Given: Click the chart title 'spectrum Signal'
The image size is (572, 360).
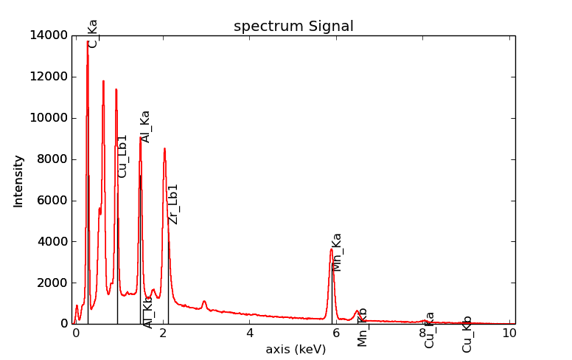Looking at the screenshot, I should (x=293, y=27).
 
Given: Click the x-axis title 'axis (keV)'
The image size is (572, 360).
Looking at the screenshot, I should (x=296, y=349).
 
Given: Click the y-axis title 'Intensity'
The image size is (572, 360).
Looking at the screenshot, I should (x=18, y=181).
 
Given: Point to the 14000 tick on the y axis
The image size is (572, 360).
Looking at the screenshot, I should (x=49, y=35).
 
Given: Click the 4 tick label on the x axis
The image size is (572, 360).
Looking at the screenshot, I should (x=250, y=333).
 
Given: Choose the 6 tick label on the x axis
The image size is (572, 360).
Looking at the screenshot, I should (x=337, y=333).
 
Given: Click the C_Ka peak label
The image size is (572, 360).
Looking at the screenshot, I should (x=93, y=33).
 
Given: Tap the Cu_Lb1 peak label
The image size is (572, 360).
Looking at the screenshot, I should (x=122, y=156).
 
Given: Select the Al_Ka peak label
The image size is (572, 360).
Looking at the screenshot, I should (x=145, y=126).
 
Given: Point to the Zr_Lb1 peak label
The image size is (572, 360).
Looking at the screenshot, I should (x=173, y=204).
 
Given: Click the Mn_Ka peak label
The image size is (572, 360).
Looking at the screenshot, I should (x=337, y=252).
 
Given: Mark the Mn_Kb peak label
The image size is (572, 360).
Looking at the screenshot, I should (x=362, y=327).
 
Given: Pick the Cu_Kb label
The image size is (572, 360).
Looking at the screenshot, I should (x=467, y=333).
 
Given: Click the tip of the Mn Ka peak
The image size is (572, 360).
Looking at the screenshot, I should (x=331, y=249).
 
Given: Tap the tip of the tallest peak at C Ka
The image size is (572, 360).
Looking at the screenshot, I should (x=87, y=42).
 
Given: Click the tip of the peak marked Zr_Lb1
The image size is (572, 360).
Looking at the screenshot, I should (x=164, y=148).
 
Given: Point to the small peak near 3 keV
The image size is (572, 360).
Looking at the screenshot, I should (x=204, y=301).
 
